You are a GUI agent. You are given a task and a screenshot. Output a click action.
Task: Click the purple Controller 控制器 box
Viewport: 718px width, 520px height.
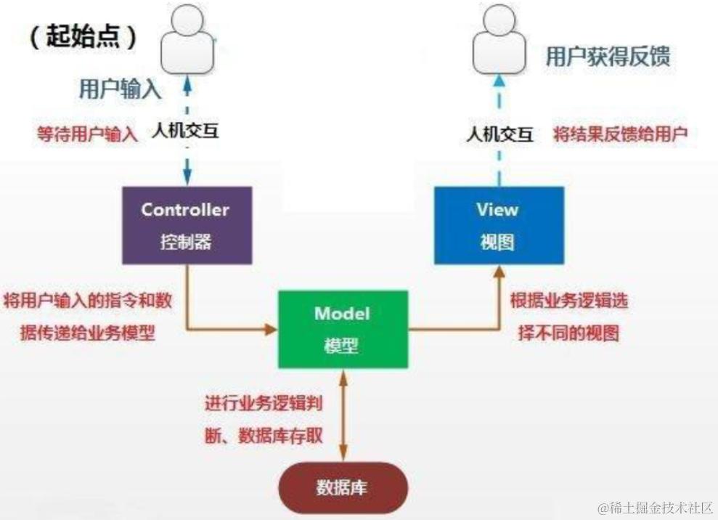(186, 224)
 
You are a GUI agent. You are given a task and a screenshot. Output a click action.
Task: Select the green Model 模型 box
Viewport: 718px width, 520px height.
(341, 328)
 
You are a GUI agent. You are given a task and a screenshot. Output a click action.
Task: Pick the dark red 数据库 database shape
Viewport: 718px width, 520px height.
(341, 486)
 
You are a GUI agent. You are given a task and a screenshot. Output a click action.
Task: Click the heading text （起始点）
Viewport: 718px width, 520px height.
(83, 37)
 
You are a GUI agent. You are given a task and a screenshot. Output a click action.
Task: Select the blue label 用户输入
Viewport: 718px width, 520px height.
(119, 89)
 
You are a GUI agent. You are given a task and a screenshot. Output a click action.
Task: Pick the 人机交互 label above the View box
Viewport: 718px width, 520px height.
(499, 134)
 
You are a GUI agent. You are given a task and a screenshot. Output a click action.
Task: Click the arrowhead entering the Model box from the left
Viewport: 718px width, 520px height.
(271, 329)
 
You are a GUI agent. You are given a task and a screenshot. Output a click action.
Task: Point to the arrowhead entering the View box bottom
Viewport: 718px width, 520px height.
(498, 271)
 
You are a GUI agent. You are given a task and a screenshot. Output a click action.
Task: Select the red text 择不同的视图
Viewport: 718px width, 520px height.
(568, 333)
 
